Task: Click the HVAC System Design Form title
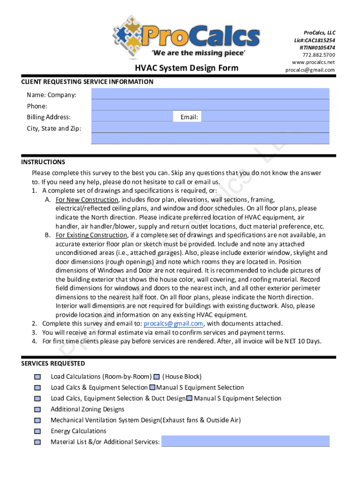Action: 187,68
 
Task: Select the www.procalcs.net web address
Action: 313,62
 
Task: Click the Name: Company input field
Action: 210,94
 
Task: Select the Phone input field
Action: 210,105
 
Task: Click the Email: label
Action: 189,117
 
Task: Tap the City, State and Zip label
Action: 54,128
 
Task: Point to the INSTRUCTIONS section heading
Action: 43,162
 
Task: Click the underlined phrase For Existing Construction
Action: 91,235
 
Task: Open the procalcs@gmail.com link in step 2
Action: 173,324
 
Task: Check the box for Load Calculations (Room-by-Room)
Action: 37,377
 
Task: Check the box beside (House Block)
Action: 157,377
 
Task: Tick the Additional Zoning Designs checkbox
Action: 37,409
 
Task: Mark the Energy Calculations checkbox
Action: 37,431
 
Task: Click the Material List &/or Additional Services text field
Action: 245,442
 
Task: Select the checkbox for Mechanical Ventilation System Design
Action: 37,421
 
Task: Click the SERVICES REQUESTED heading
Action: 53,363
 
